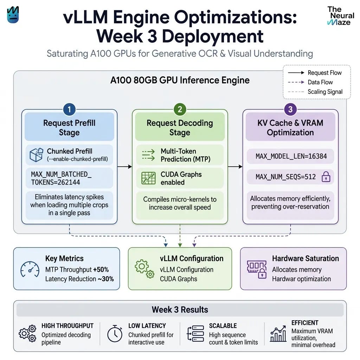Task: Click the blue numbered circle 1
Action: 69,109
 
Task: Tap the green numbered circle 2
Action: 180,109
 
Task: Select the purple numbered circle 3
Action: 290,109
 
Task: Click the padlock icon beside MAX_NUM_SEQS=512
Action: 326,176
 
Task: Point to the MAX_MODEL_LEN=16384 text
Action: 291,156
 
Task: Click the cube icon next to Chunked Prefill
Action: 36,155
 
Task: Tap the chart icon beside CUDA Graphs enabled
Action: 148,178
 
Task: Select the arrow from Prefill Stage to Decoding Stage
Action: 125,166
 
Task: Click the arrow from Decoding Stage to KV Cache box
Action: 235,166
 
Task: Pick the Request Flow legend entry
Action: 315,73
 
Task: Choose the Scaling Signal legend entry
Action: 315,92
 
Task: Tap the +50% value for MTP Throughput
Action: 101,270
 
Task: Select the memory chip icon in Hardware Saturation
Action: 257,269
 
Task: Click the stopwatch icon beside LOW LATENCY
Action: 115,334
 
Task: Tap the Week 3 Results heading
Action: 180,310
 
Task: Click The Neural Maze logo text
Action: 341,16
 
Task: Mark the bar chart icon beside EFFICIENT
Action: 278,334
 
